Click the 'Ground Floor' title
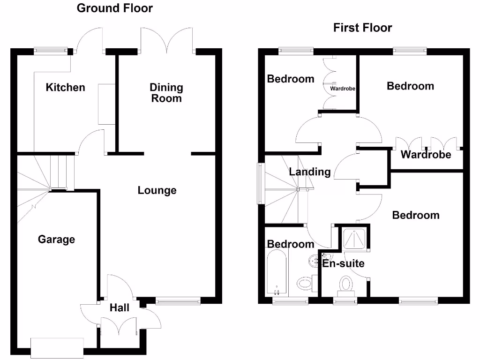pos(115,8)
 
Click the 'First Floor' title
pos(362,28)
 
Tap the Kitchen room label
pos(66,87)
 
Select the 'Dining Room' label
pos(166,93)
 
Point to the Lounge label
pos(157,190)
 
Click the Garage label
pos(56,240)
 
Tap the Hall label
pos(120,308)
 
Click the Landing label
pos(309,172)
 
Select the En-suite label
pos(343,263)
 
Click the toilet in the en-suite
pos(346,284)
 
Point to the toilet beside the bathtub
pos(305,283)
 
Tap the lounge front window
pos(178,301)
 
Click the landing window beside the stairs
pos(260,183)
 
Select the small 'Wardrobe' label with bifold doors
pos(343,88)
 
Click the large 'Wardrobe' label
pos(426,155)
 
